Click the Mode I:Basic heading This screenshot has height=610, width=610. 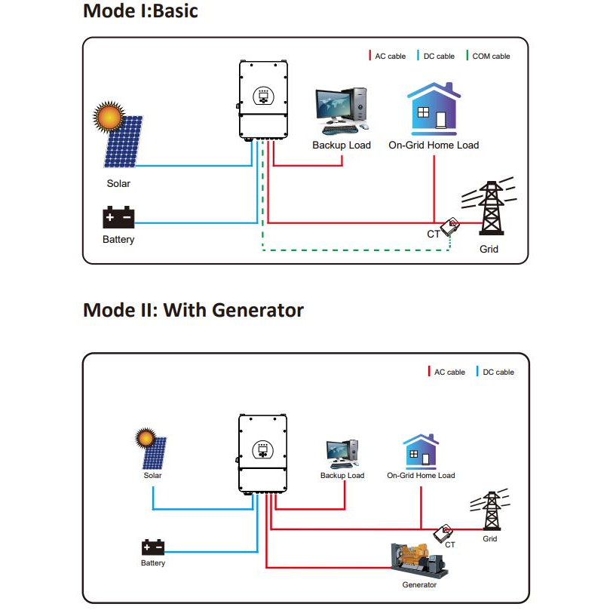(140, 11)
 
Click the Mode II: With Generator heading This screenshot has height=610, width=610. (193, 310)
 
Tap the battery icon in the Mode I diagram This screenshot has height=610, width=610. (118, 217)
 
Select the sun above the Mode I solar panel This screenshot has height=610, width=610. (108, 118)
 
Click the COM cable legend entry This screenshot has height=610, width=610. (488, 57)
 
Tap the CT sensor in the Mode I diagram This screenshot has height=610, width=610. (452, 225)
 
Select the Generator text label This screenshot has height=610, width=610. (419, 585)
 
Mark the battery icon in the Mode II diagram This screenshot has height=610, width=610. (153, 547)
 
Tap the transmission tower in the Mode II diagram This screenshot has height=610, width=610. (492, 513)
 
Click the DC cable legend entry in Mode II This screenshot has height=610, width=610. (495, 372)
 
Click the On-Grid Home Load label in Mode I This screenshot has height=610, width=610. (434, 145)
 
